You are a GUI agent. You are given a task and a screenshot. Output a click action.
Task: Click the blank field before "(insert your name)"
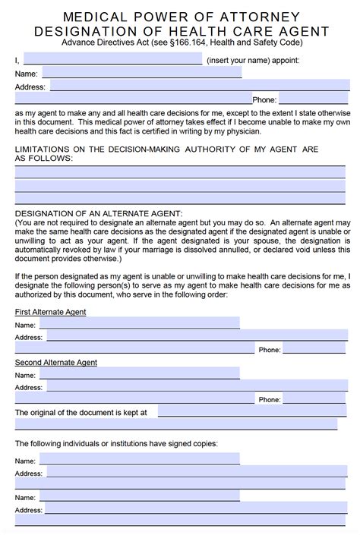(x=112, y=58)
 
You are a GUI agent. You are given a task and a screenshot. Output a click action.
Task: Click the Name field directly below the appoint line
(x=141, y=73)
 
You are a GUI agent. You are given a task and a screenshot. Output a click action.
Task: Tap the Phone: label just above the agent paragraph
(x=264, y=99)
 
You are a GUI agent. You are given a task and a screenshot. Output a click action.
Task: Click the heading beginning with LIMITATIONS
(x=166, y=149)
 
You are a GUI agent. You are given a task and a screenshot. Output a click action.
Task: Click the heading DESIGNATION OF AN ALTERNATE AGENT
(x=99, y=213)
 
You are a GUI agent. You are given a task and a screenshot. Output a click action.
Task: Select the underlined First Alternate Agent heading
(x=50, y=311)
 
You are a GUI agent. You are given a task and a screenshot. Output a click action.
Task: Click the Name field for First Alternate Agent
(x=139, y=323)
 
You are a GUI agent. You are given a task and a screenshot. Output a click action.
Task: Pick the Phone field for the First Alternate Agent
(x=315, y=350)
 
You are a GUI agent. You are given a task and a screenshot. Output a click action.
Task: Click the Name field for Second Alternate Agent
(x=139, y=374)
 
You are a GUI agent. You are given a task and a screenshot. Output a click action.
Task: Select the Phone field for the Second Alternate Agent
(x=315, y=399)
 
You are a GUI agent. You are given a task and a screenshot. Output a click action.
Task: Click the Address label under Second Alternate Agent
(x=28, y=387)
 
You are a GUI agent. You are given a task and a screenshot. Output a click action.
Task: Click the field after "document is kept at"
(x=254, y=411)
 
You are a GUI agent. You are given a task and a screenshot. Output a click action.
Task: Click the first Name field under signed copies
(x=139, y=460)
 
